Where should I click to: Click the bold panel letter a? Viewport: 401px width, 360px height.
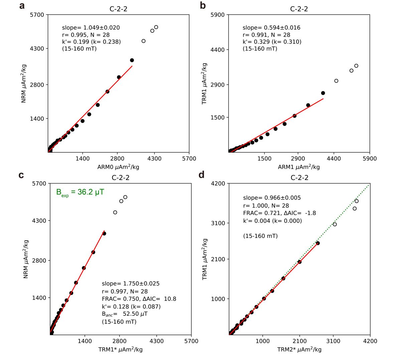[x=22, y=6]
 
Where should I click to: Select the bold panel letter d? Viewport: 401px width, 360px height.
[x=202, y=175]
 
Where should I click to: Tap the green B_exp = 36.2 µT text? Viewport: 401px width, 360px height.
[x=80, y=192]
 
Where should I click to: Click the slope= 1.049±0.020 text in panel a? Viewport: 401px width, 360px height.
[x=91, y=28]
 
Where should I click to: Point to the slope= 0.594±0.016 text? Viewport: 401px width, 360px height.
[x=271, y=28]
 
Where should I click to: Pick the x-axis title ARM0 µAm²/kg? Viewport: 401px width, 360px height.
[x=118, y=167]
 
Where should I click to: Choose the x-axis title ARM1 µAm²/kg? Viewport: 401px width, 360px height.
[x=299, y=167]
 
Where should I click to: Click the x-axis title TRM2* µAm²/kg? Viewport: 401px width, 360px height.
[x=299, y=350]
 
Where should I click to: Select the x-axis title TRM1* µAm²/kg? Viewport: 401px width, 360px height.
[x=120, y=350]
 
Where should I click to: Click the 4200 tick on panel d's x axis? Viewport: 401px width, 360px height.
[x=370, y=341]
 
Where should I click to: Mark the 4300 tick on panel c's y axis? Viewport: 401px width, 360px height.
[x=40, y=221]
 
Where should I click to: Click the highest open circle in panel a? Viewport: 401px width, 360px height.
[x=156, y=27]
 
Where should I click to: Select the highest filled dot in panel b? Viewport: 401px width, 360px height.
[x=323, y=93]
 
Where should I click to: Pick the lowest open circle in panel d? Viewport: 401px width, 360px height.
[x=335, y=224]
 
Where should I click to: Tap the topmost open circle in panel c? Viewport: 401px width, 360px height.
[x=125, y=197]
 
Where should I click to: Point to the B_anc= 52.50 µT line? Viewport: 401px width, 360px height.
[x=125, y=314]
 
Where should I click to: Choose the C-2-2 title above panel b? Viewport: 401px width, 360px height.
[x=299, y=9]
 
